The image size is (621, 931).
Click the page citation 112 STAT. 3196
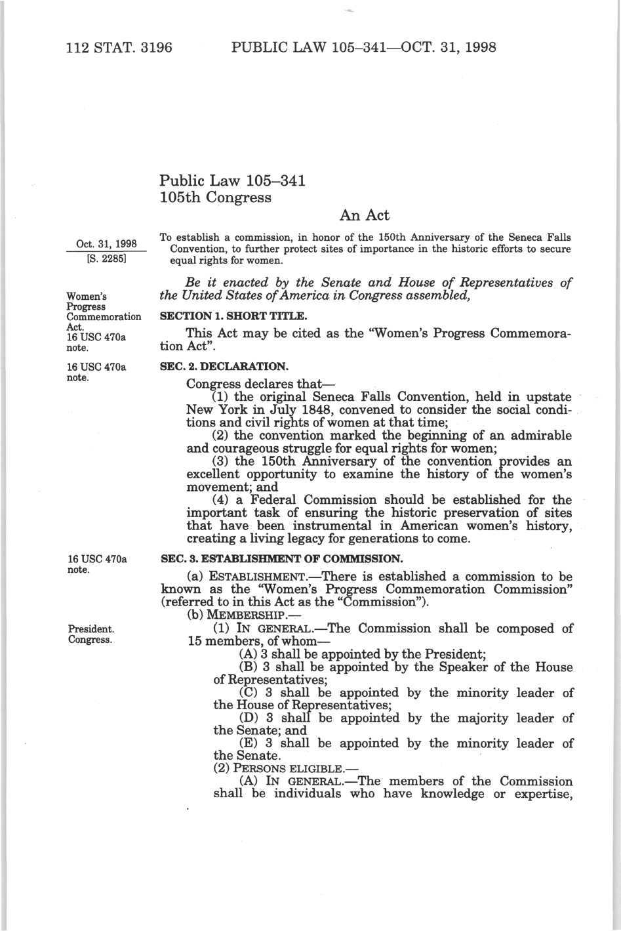click(x=119, y=47)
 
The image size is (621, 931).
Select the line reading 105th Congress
click(x=215, y=197)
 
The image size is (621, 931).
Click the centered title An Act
click(x=365, y=215)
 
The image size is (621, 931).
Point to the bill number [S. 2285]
click(x=106, y=257)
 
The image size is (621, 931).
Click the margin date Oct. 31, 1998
click(x=106, y=244)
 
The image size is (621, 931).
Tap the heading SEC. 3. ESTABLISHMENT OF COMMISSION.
click(x=281, y=559)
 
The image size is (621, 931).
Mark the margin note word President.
click(x=91, y=629)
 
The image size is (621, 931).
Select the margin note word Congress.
click(x=90, y=639)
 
